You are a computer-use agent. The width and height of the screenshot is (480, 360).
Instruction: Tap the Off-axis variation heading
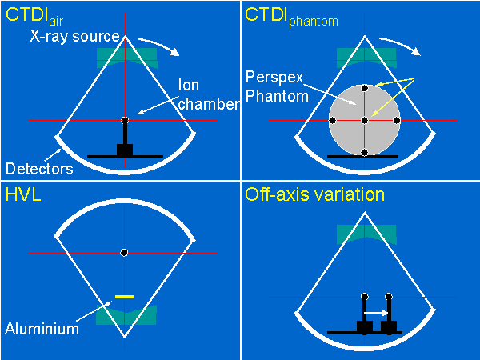click(314, 194)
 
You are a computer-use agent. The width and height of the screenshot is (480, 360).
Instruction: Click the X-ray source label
click(74, 37)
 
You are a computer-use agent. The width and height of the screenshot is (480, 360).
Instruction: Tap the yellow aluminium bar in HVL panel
click(124, 297)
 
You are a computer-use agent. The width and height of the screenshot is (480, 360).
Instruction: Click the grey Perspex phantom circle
click(348, 104)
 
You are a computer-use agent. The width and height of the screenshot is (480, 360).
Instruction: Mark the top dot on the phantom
click(364, 87)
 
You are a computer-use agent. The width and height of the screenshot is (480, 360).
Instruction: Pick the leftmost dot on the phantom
click(332, 120)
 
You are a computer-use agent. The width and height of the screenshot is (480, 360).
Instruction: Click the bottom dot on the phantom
click(364, 152)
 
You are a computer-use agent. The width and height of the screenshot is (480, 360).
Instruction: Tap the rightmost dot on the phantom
click(396, 120)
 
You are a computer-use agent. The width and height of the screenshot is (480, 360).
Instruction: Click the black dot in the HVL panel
click(124, 253)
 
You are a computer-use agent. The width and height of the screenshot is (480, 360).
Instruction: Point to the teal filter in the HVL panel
click(125, 316)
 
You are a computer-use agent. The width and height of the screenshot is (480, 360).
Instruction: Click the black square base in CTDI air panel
click(125, 150)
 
